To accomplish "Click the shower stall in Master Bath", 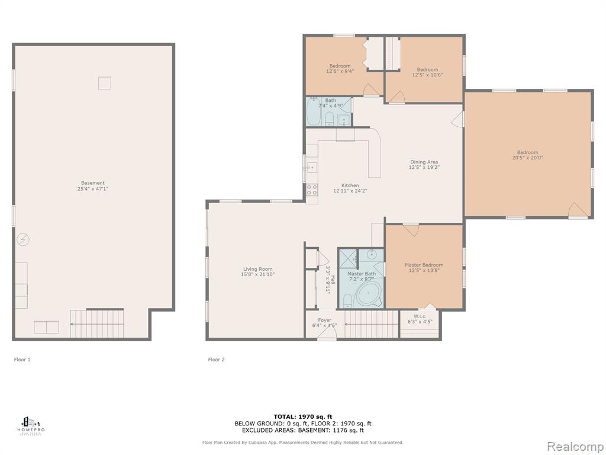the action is pos(348,258).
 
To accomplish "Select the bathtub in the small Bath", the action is pos(314,111).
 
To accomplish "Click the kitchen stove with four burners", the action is pos(312,190).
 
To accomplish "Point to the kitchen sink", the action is pos(311,168).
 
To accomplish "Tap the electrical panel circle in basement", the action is pos(23,240).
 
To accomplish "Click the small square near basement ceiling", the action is pos(104,83).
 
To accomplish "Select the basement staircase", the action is pos(97,323).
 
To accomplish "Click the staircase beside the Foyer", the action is pos(372,324).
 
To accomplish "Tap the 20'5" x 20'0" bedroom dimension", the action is pos(527,158).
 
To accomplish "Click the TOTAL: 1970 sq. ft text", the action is pos(303,416).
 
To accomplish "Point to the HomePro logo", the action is pos(31,425).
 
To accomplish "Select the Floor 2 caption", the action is pos(217,360).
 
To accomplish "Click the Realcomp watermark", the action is pos(575,446).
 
